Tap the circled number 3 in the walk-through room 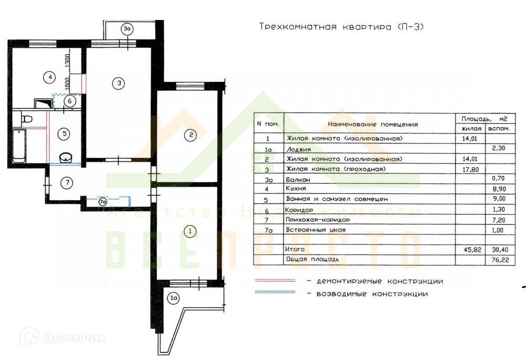[x=119, y=83]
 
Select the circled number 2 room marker [x=191, y=135]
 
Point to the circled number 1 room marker [x=191, y=230]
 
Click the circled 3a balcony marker [x=127, y=29]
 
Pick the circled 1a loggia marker [x=174, y=299]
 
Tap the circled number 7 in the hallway [x=66, y=183]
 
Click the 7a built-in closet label [x=104, y=200]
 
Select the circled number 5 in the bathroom [x=64, y=133]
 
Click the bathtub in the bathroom [x=19, y=146]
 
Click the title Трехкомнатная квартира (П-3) [x=341, y=27]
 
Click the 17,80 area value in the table [x=467, y=169]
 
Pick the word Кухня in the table [x=297, y=189]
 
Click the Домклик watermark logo [x=63, y=337]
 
